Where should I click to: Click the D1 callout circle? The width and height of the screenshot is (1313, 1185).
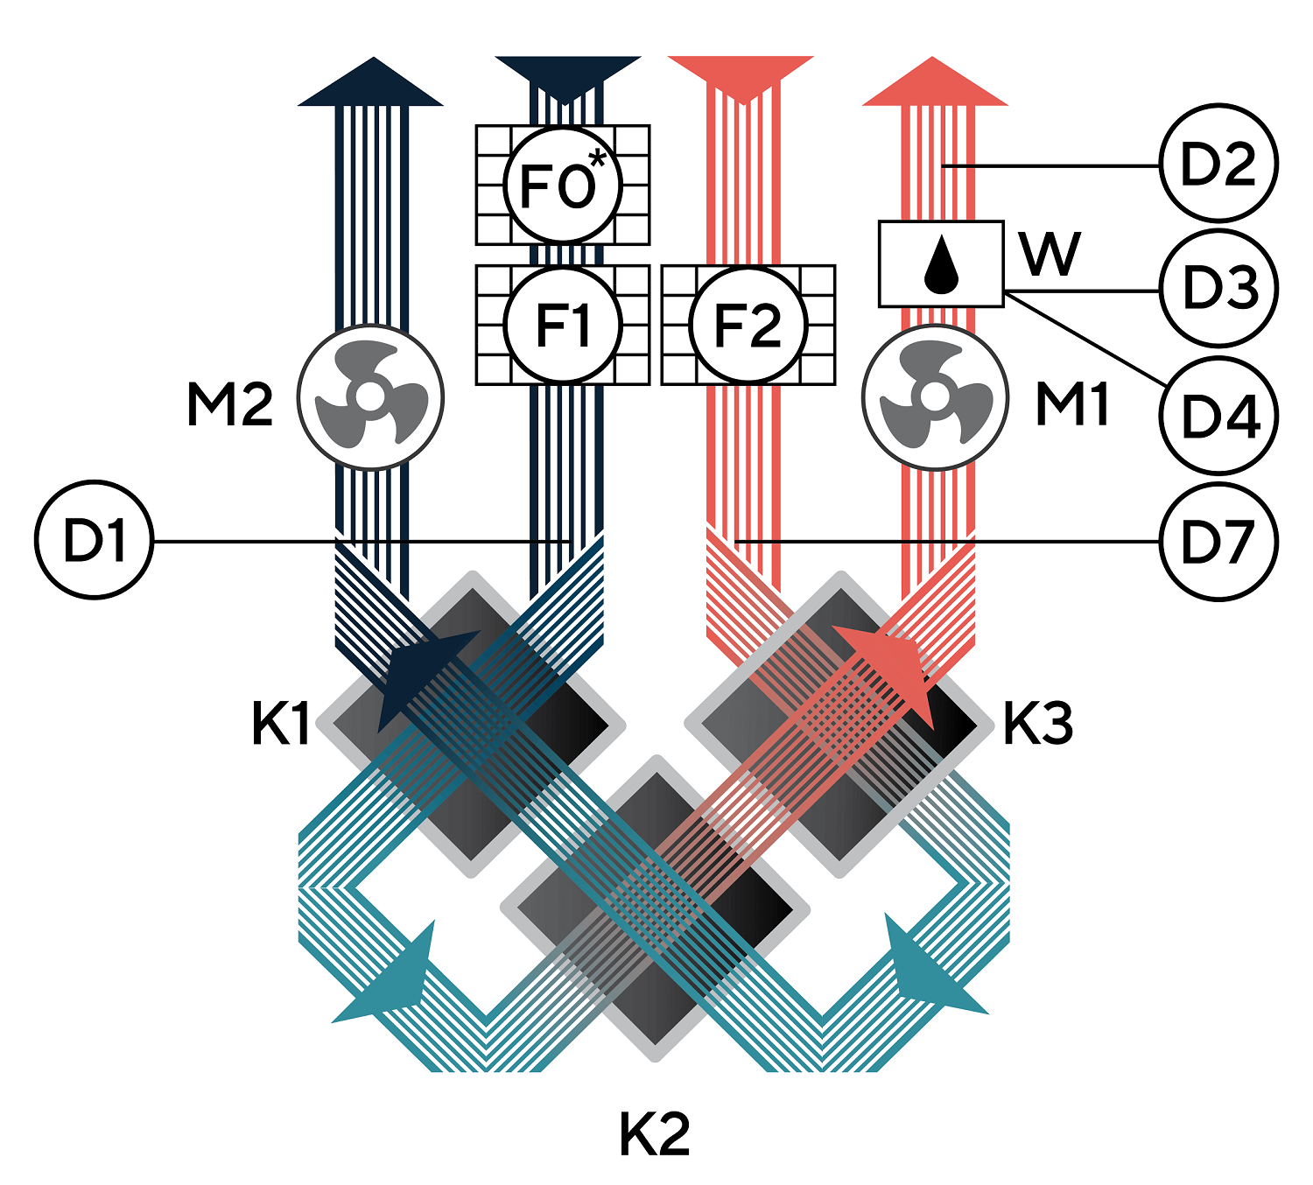coord(95,540)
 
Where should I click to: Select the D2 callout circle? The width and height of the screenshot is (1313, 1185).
coord(1218,164)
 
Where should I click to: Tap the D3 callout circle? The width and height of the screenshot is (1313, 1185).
coord(1218,289)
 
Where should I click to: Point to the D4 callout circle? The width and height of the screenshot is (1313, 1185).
coord(1218,415)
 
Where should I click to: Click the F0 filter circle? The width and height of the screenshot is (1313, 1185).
coord(563,185)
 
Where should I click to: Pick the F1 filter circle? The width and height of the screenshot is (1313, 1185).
coord(563,325)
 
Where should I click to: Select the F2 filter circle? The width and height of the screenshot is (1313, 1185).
coord(748,325)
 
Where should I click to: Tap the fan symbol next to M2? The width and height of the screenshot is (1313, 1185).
coord(371,398)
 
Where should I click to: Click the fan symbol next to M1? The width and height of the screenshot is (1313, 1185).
coord(935,398)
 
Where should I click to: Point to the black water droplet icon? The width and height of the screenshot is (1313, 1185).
coord(941,264)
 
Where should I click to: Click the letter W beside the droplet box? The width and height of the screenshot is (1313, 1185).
coord(1050,254)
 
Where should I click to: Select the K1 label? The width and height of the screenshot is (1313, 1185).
coord(280,725)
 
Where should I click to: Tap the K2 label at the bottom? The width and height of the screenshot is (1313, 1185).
coord(655,1134)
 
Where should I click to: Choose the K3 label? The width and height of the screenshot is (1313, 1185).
coord(1037,725)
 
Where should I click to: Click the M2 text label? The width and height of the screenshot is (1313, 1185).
coord(229,405)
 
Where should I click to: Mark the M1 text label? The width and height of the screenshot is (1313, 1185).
coord(1071,405)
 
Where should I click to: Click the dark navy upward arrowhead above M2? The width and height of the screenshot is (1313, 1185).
coord(372,84)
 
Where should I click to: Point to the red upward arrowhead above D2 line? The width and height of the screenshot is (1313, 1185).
coord(935,84)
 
